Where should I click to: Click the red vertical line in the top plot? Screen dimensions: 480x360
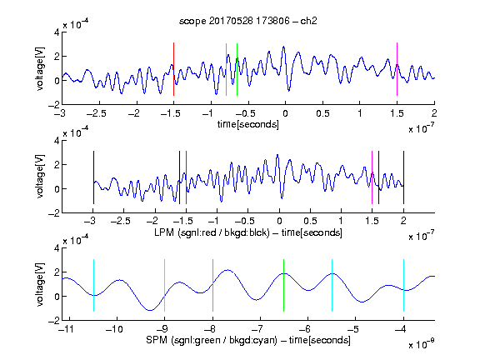(173, 69)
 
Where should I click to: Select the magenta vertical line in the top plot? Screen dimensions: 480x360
(397, 69)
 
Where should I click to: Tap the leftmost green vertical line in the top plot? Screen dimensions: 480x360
(226, 69)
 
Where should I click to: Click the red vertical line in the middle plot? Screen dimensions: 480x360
(186, 177)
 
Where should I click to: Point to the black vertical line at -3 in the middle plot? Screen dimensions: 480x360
(93, 177)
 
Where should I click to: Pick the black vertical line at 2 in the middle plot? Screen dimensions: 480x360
(403, 177)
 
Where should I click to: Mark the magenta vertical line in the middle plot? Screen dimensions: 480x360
(372, 177)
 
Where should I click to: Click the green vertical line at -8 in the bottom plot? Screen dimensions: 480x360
(212, 285)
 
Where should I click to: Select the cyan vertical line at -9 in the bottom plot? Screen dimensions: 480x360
(165, 285)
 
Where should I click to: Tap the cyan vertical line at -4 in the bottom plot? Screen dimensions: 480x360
(403, 285)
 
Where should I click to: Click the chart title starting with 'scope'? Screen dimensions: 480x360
(248, 21)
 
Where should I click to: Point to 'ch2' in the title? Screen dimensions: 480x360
(308, 21)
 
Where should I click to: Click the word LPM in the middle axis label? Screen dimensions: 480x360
(164, 232)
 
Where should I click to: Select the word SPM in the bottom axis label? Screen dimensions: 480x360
(157, 340)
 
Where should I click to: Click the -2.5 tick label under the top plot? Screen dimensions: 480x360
(96, 114)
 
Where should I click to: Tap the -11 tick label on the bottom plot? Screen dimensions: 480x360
(66, 329)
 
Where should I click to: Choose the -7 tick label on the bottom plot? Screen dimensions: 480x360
(259, 329)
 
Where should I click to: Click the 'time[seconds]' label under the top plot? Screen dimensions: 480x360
(248, 124)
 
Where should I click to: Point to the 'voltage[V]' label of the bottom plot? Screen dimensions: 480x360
(40, 284)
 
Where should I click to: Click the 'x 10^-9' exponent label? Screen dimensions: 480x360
(422, 344)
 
